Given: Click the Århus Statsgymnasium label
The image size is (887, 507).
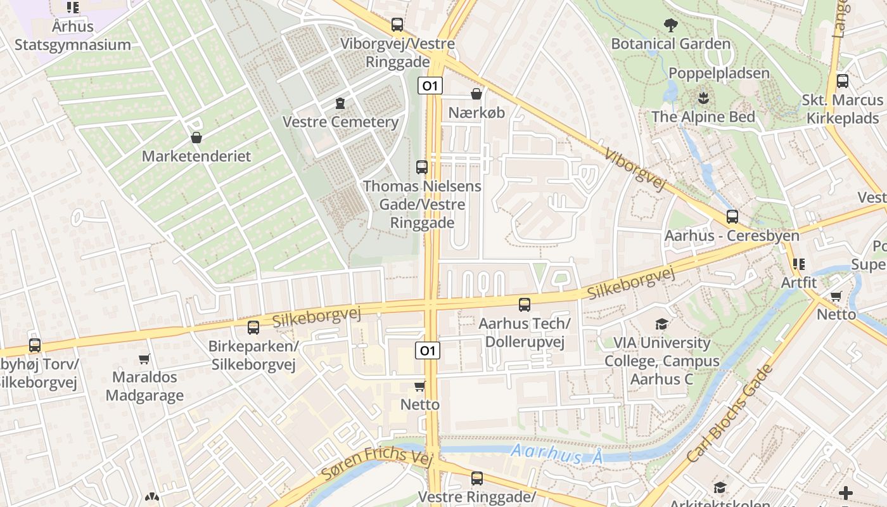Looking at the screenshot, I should point(73,35).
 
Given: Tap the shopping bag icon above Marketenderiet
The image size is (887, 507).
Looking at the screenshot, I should point(196,138).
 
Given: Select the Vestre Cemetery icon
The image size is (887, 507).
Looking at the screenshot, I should point(340,103).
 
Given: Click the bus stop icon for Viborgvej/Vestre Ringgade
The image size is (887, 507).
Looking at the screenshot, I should point(397,25).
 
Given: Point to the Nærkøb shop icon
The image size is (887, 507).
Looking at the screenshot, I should point(476,94).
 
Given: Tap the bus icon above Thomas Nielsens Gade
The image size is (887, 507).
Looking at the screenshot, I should point(422,167).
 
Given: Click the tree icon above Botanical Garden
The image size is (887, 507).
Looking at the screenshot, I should point(670,26).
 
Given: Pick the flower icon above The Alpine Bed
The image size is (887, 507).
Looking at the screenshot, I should point(703,98).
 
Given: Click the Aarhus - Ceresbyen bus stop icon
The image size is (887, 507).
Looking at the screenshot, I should point(732,217).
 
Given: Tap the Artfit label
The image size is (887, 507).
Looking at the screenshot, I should point(799,283).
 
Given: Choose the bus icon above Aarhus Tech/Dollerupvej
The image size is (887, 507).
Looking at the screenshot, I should point(525,305).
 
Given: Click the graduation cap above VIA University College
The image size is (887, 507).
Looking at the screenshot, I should point(661,324).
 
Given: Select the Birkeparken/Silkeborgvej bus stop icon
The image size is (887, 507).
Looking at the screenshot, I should point(253,328).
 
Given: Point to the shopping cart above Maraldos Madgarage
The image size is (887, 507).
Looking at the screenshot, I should point(144,359).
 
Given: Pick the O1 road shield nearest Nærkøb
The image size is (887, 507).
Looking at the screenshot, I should point(430,86).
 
